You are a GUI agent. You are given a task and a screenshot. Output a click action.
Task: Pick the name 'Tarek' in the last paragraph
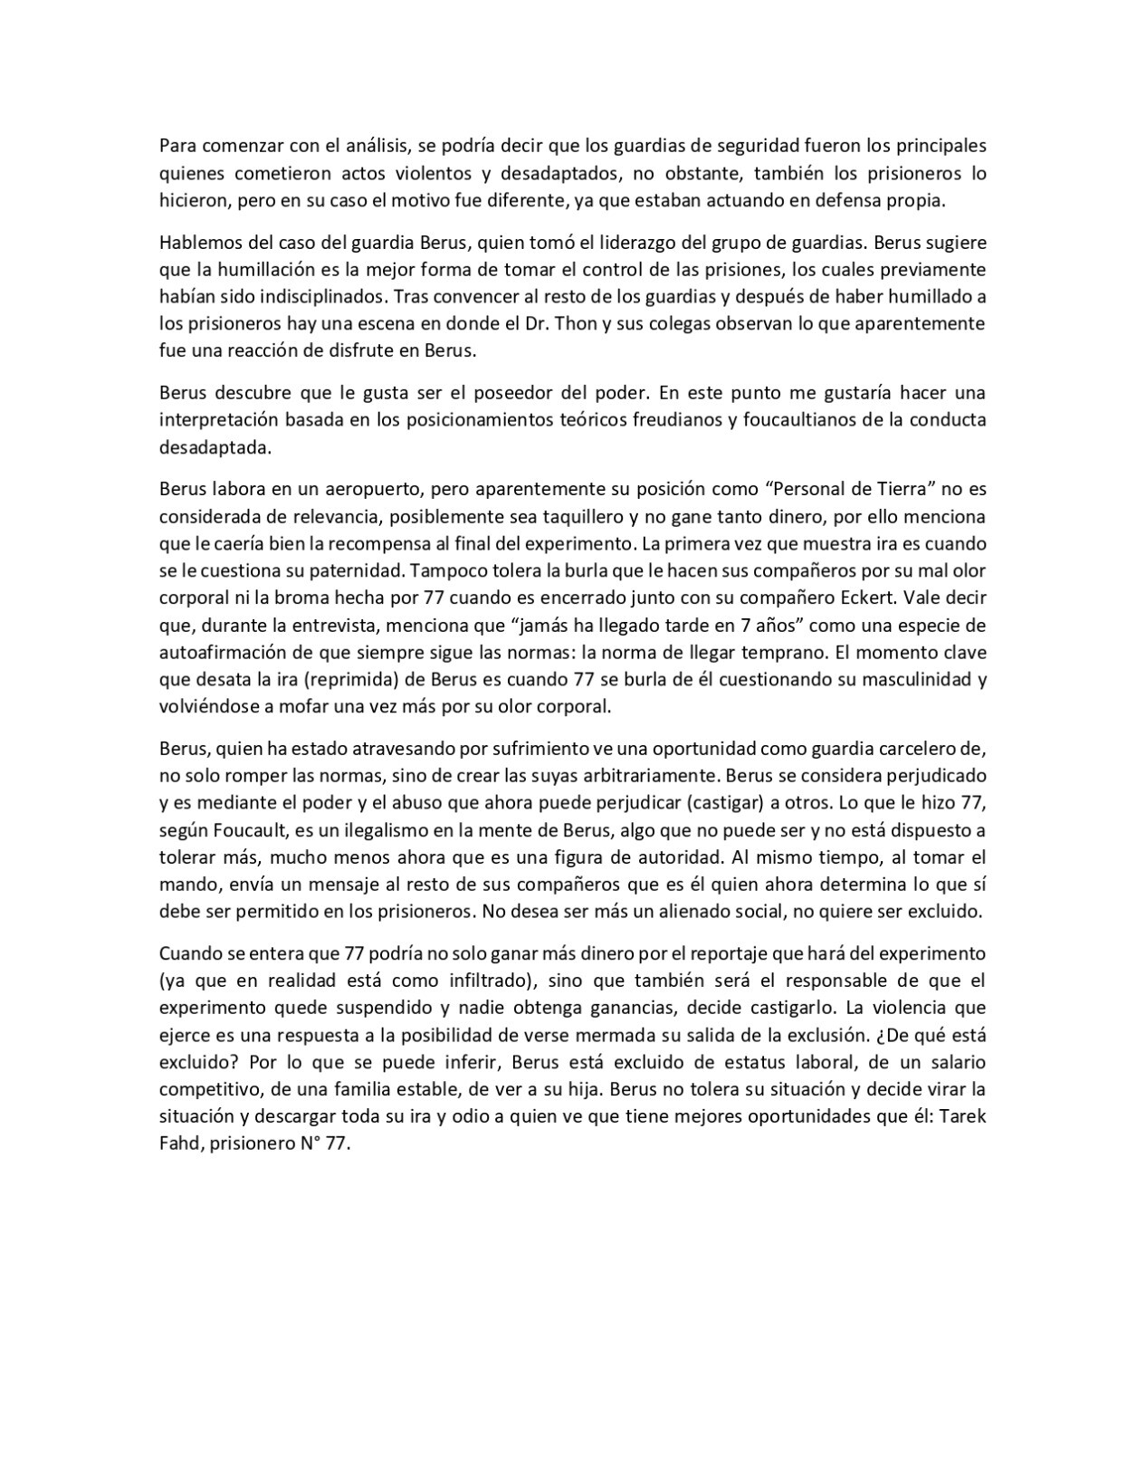click(962, 1115)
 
